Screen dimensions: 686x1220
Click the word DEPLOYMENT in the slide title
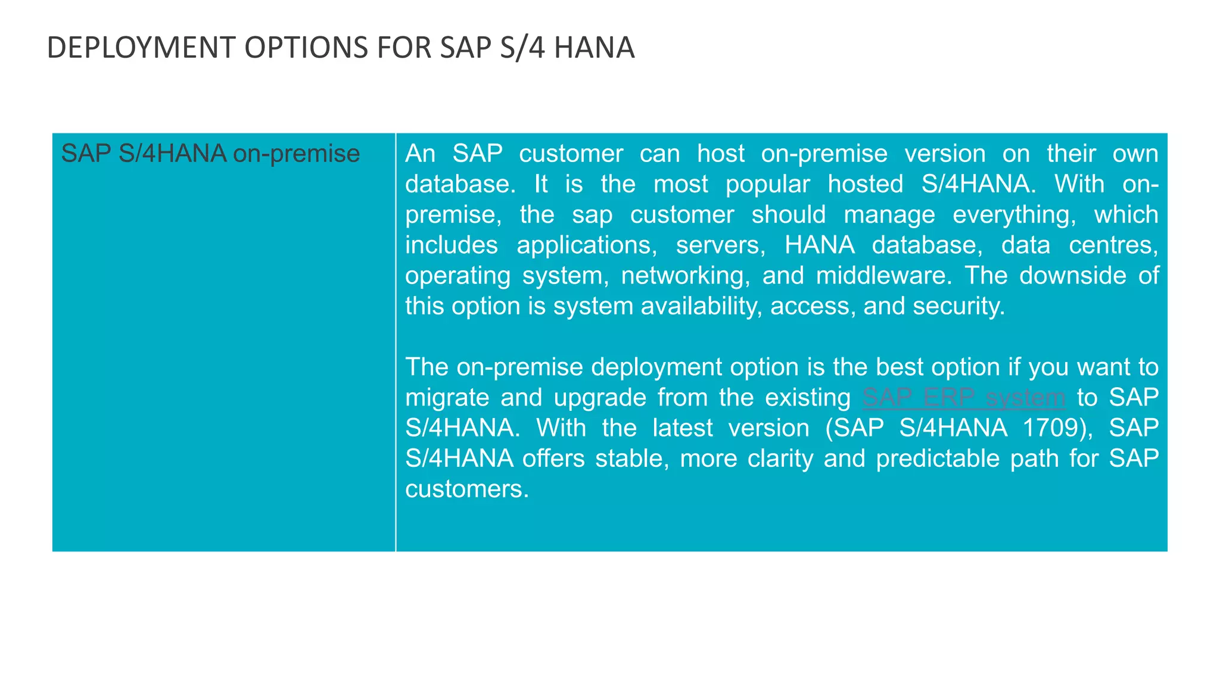(x=141, y=48)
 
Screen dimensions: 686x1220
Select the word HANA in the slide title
(x=594, y=48)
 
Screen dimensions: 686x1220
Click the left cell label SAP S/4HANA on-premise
(x=210, y=154)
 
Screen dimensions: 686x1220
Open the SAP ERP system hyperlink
(x=963, y=397)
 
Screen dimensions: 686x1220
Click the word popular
(x=767, y=184)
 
